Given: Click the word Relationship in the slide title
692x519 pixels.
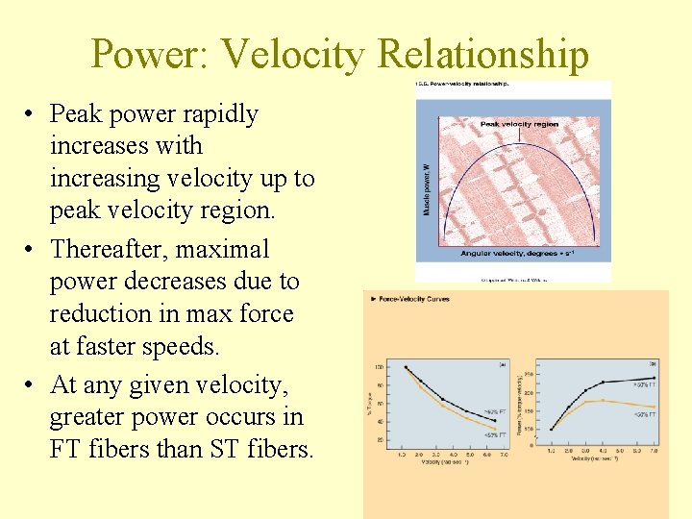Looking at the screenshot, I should click(x=482, y=55).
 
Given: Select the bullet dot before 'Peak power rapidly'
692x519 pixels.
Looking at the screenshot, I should click(x=32, y=114).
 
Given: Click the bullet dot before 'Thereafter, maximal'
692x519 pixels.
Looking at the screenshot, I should click(x=32, y=250).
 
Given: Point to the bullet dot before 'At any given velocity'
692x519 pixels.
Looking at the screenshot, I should click(x=32, y=385).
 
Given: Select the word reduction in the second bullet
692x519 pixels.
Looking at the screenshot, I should click(x=99, y=314).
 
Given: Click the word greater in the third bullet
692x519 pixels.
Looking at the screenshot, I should click(x=91, y=418).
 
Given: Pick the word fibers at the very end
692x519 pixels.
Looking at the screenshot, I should click(x=272, y=450).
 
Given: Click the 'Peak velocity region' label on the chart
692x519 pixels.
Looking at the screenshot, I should click(x=519, y=124).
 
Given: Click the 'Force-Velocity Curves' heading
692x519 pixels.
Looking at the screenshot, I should click(x=414, y=299).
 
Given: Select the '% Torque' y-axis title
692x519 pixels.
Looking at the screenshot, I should click(x=369, y=400).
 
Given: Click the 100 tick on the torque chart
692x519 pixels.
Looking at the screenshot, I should click(x=380, y=367).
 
